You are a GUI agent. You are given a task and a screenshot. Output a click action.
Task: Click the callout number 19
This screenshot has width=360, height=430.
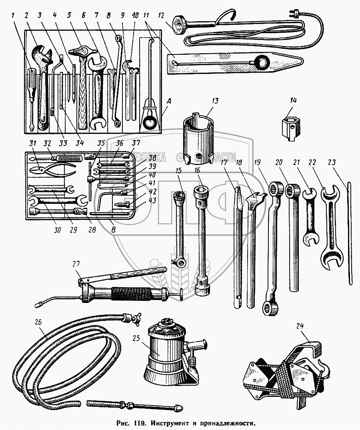point(257,163)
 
